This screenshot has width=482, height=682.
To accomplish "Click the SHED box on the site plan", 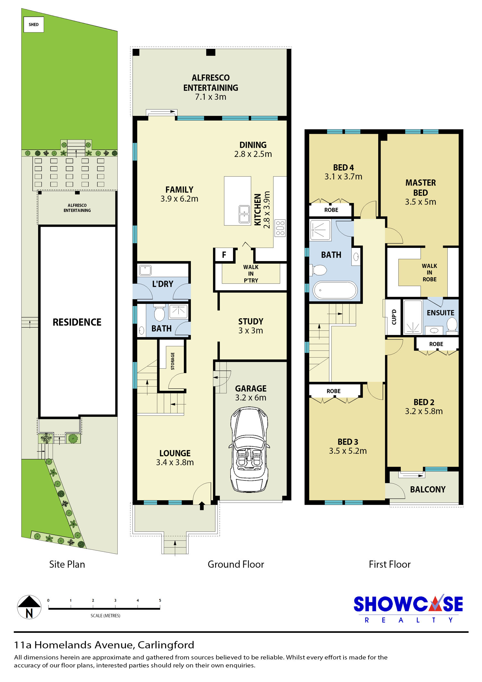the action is pos(34,24).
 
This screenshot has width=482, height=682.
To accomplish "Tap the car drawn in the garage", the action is pos(249,450).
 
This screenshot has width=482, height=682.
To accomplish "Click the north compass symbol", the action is pos(29,607).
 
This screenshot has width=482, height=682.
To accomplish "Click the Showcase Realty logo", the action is pos(408,608).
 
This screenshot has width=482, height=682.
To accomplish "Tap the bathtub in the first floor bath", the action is pos(335,290).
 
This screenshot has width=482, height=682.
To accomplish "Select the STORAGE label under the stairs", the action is pos(173,361).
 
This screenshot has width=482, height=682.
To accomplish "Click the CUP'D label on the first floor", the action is pos(394,317).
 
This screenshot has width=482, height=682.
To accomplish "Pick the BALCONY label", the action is pos(428,489).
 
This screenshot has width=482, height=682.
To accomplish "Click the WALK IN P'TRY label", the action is pos(251,274).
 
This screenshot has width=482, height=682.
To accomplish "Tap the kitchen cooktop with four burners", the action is pos(280,228).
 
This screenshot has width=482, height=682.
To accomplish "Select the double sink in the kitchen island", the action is pos(244,214).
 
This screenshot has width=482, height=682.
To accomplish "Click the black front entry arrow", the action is pos(202,506).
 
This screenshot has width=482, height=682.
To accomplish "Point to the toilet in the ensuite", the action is pos(452,324).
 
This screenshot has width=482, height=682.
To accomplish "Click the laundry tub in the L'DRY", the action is pos(145,270).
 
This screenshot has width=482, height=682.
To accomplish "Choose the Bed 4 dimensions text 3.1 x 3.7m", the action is pos(343,177).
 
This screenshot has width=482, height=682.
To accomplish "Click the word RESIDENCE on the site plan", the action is pos(77,322).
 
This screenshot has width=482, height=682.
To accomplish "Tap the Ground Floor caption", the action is pos(236,564).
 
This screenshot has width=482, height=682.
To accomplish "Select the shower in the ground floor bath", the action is pos(178,311).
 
